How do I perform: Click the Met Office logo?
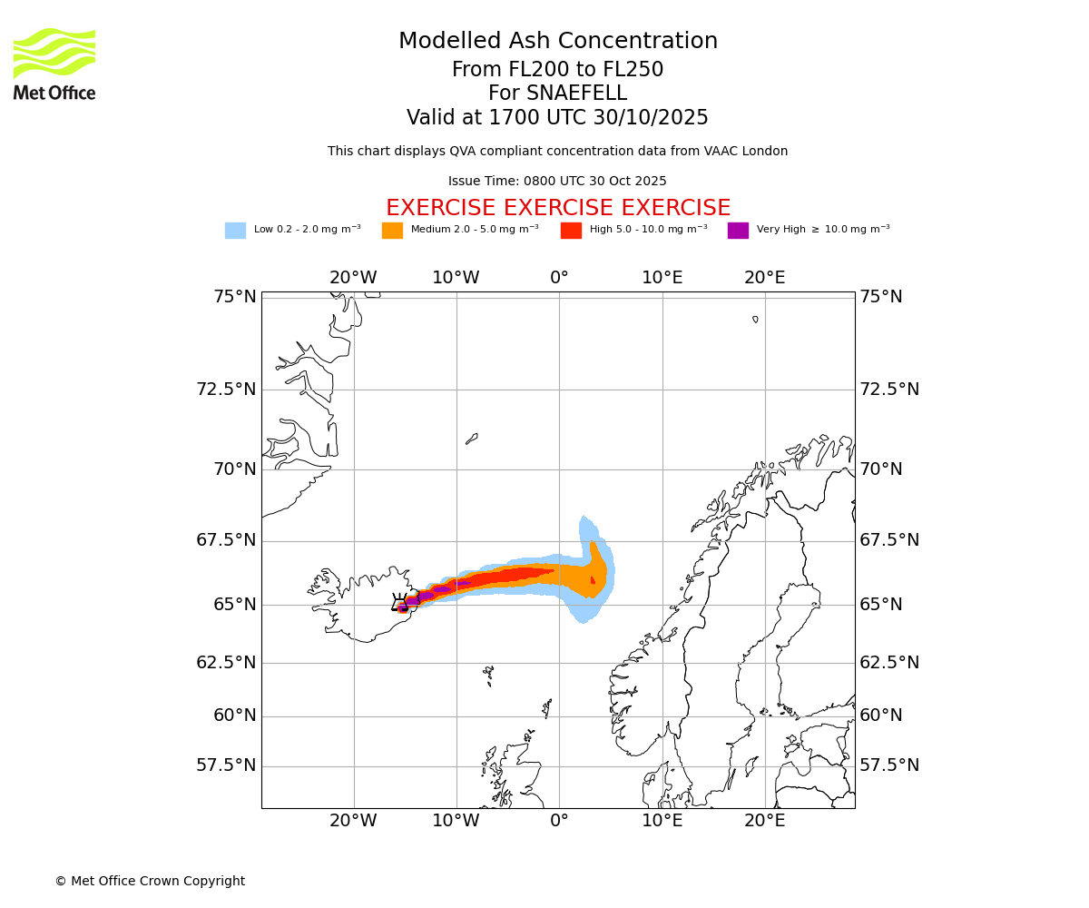(54, 64)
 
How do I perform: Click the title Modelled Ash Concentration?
(558, 42)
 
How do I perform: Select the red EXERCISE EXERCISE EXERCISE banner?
(558, 208)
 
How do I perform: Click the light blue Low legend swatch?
(235, 231)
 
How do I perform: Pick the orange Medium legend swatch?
(392, 231)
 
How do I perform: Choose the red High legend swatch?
(571, 231)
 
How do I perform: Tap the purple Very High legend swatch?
(738, 231)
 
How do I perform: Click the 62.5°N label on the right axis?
(889, 663)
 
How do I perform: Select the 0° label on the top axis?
(559, 278)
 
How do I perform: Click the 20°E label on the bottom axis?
(765, 821)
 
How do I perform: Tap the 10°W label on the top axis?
(456, 278)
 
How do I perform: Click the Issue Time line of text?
(557, 182)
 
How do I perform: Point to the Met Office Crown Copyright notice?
(150, 881)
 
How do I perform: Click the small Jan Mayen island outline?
(471, 439)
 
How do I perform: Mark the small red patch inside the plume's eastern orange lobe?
(593, 580)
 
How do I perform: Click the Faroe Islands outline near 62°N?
(488, 674)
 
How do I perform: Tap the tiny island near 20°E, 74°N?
(755, 319)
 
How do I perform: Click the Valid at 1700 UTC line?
(557, 118)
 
